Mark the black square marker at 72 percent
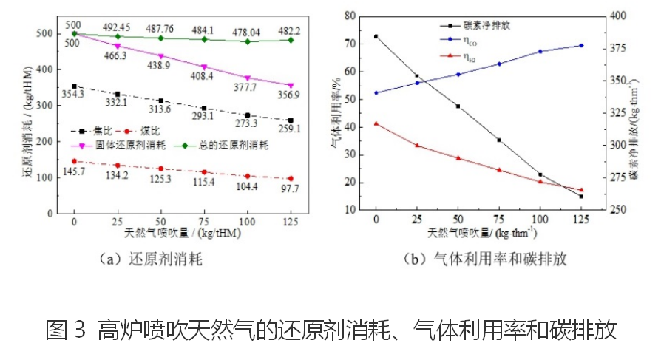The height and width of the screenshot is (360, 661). click(376, 36)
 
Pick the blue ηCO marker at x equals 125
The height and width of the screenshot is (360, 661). click(581, 45)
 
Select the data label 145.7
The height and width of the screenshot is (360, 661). click(74, 171)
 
